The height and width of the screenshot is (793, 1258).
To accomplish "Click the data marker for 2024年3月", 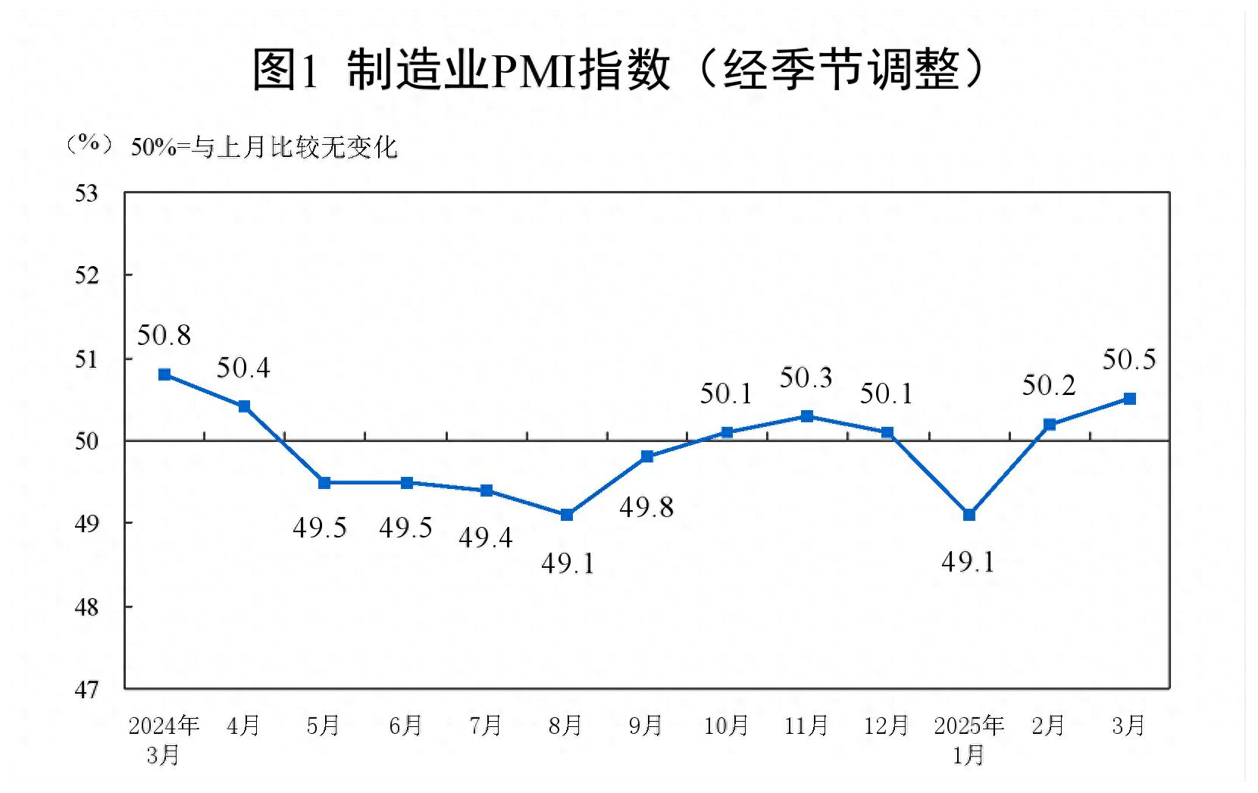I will pyautogui.click(x=164, y=375).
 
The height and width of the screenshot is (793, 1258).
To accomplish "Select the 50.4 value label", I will pyautogui.click(x=243, y=368).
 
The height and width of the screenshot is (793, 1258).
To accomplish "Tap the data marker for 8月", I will pyautogui.click(x=567, y=515).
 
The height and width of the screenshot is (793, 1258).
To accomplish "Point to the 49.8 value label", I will pyautogui.click(x=646, y=507).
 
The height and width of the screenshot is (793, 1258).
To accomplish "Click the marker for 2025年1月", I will pyautogui.click(x=969, y=515).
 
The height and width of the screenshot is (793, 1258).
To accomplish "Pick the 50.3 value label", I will pyautogui.click(x=806, y=378).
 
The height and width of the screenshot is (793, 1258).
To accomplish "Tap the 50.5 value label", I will pyautogui.click(x=1128, y=359).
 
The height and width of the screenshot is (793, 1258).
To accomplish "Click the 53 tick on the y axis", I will pyautogui.click(x=87, y=193).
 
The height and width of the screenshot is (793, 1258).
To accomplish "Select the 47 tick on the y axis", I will pyautogui.click(x=87, y=690).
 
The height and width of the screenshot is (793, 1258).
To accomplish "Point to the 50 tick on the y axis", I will pyautogui.click(x=87, y=441).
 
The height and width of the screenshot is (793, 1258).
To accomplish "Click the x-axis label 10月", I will pyautogui.click(x=726, y=726).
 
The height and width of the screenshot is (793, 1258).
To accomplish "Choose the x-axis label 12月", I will pyautogui.click(x=886, y=726).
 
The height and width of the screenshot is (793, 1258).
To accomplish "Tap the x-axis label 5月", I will pyautogui.click(x=324, y=726).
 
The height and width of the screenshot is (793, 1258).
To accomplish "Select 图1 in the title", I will pyautogui.click(x=285, y=71).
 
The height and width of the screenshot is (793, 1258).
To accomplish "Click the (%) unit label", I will pyautogui.click(x=89, y=144).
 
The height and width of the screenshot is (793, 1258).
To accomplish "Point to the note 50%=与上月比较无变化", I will pyautogui.click(x=264, y=147).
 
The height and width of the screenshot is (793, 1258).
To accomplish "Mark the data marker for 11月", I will pyautogui.click(x=807, y=416).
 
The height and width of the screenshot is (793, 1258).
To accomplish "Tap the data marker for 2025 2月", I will pyautogui.click(x=1050, y=425).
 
